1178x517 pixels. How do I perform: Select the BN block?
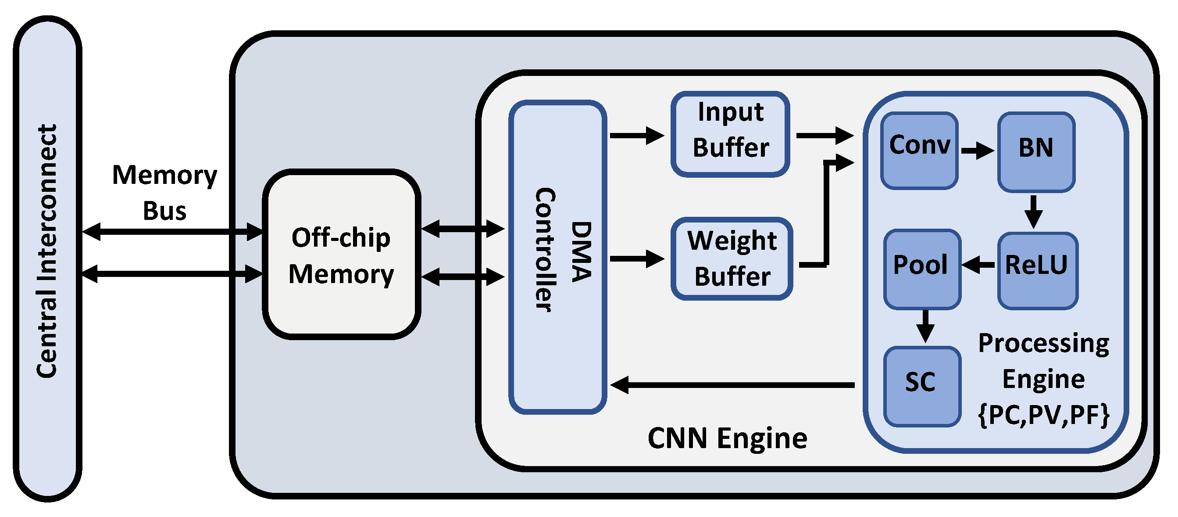[x=1036, y=151]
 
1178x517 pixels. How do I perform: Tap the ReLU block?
[x=1037, y=270]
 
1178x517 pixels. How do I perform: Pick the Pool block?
[x=921, y=269]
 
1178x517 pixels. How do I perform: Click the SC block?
[x=921, y=386]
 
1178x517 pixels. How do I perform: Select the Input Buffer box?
[x=730, y=133]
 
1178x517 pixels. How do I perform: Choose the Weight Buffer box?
[x=732, y=258]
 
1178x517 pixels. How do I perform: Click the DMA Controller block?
[x=557, y=257]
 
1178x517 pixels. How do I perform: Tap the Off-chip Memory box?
[x=341, y=255]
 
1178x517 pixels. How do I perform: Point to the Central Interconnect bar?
[x=47, y=258]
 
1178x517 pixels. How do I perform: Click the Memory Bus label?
[x=164, y=192]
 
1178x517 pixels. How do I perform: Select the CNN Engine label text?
[x=727, y=438]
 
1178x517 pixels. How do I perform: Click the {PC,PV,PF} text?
[x=1043, y=414]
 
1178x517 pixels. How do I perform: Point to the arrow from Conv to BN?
[x=977, y=150]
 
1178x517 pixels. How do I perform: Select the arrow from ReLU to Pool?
[x=978, y=265]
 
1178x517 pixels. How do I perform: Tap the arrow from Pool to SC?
[x=925, y=326]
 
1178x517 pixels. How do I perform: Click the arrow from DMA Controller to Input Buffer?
[x=636, y=136]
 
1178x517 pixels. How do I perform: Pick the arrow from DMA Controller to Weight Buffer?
[x=636, y=259]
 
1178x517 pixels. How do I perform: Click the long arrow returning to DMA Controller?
[x=732, y=385]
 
